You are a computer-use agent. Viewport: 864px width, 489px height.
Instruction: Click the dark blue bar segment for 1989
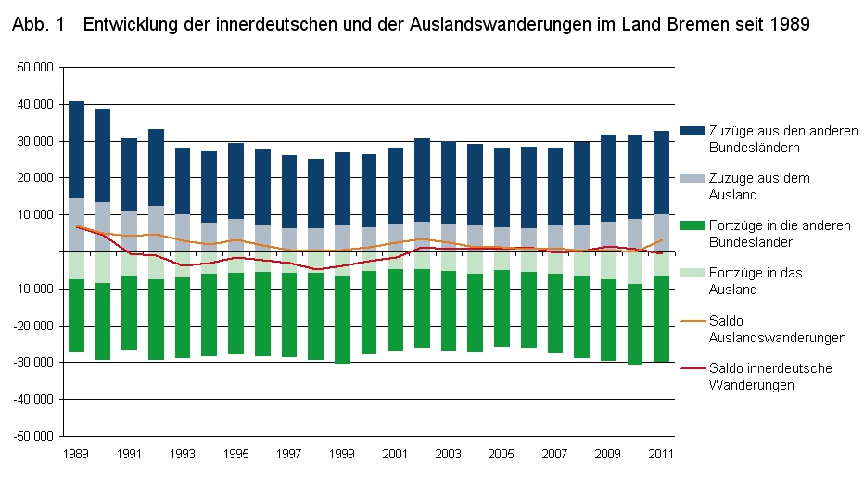77,149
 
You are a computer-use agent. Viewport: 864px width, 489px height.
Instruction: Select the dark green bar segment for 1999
343,319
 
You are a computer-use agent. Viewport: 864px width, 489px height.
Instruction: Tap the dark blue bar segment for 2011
661,173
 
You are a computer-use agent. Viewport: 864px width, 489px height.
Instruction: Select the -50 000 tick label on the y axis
33,435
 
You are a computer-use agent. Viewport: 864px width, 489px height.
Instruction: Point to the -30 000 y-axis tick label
33,362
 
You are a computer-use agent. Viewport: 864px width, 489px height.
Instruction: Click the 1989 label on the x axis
77,454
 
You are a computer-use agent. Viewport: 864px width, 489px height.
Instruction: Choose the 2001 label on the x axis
396,454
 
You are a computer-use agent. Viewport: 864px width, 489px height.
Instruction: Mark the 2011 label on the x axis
661,454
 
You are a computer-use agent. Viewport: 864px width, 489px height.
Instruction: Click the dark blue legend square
691,131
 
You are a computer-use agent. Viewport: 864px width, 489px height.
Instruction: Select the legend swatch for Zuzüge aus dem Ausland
691,178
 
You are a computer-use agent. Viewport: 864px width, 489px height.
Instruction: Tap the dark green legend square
691,225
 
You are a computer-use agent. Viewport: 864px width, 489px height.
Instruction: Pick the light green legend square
691,273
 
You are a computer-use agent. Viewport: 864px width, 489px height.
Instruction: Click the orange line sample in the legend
691,321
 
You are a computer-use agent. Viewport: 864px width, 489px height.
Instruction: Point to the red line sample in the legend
691,368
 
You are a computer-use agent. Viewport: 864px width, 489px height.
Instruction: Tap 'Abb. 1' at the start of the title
38,26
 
